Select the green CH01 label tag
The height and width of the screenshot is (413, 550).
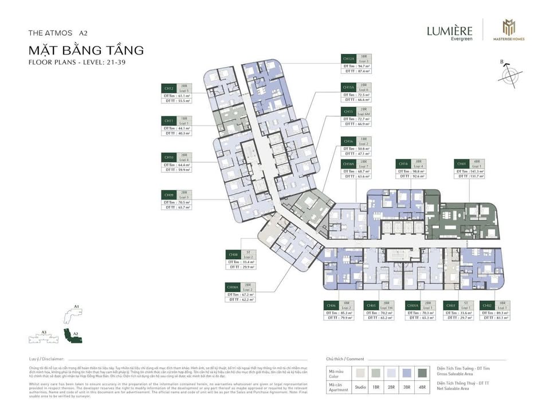click(462, 163)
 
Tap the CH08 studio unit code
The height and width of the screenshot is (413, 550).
click(233, 254)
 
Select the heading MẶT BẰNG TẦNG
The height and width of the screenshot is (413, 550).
click(85, 50)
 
